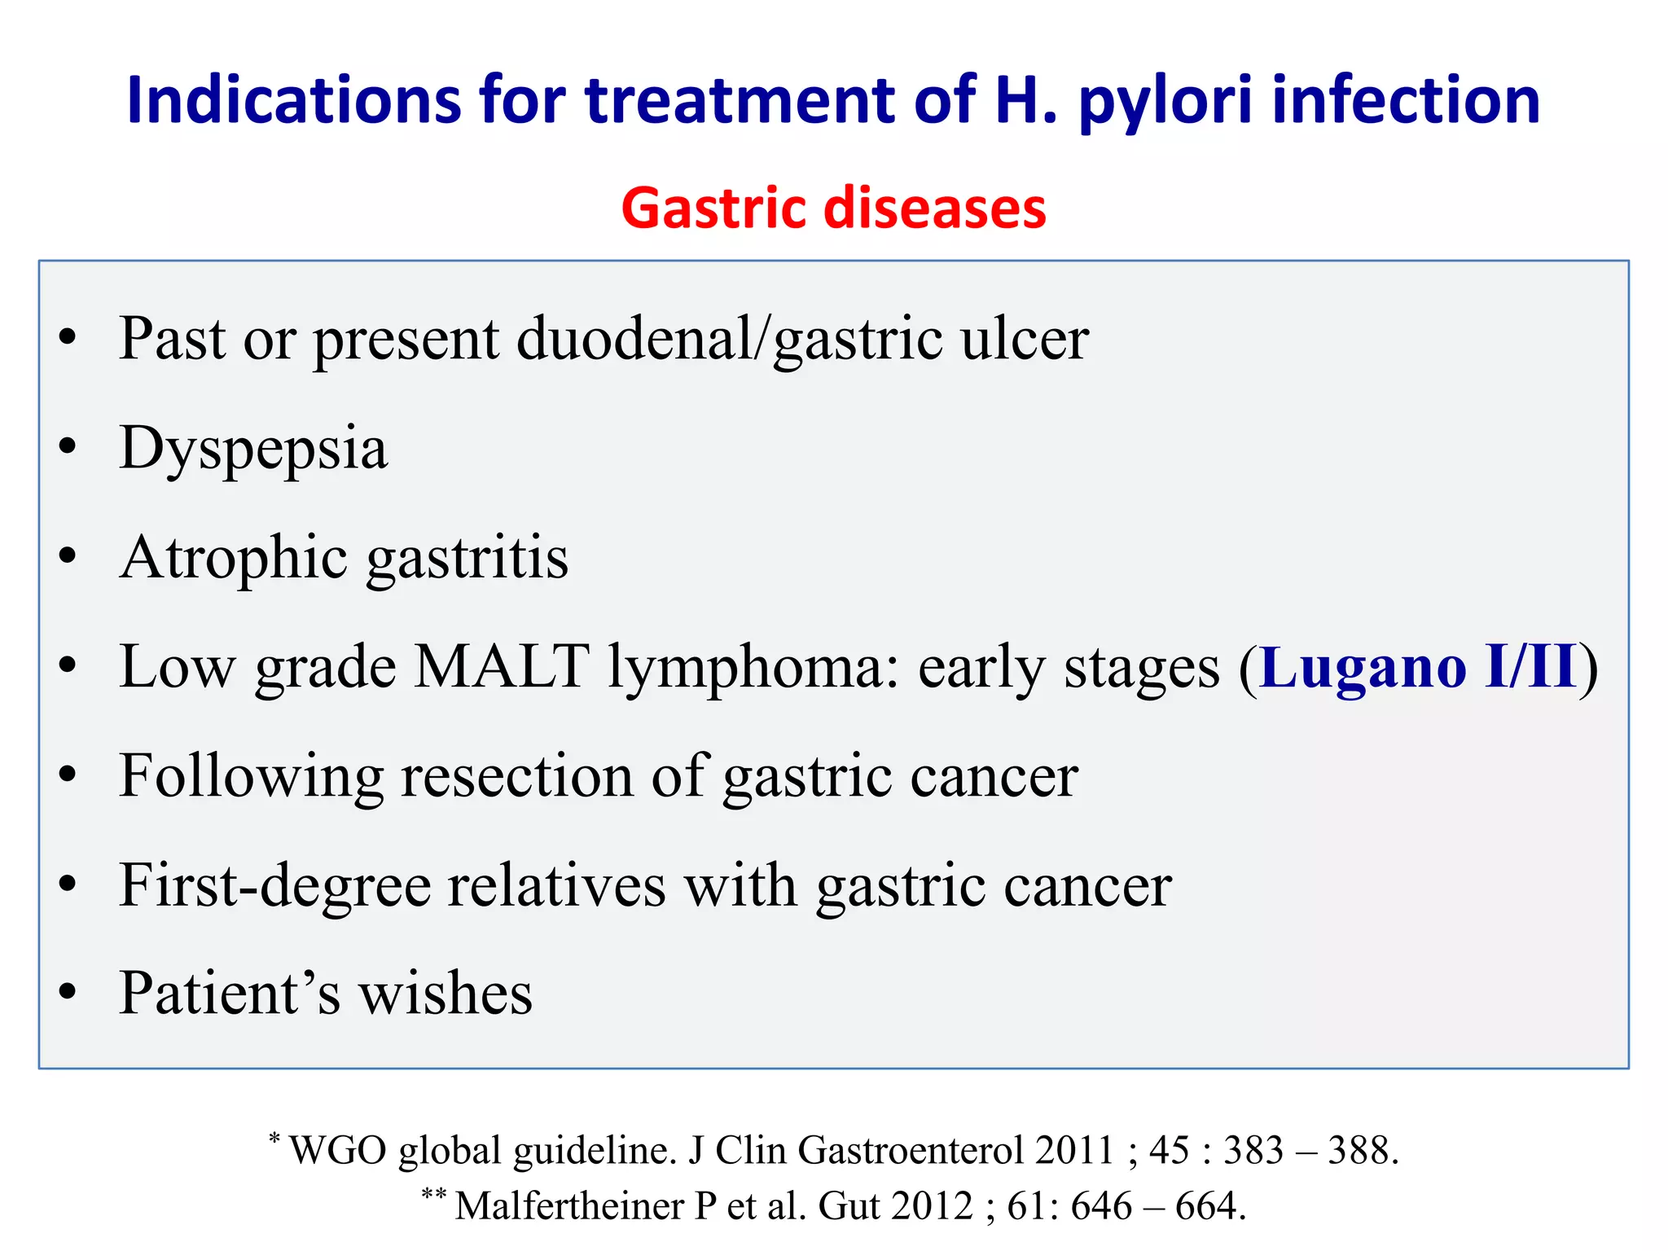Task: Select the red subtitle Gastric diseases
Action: click(833, 208)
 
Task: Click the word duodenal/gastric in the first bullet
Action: click(729, 339)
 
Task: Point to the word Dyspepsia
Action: click(253, 449)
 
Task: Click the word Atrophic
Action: click(234, 558)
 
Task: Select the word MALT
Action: click(502, 666)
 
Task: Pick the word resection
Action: click(517, 775)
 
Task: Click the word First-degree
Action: click(274, 885)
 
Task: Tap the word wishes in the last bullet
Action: click(446, 993)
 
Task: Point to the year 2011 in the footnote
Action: click(1074, 1151)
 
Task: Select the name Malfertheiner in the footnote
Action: click(569, 1206)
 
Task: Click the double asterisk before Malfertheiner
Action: click(433, 1194)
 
